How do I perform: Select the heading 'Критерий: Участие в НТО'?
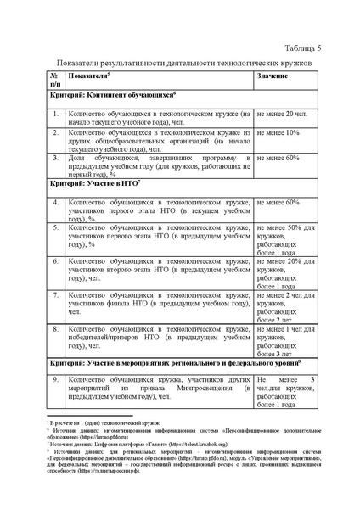94,183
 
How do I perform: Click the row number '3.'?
55,158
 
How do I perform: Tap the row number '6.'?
55,262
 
